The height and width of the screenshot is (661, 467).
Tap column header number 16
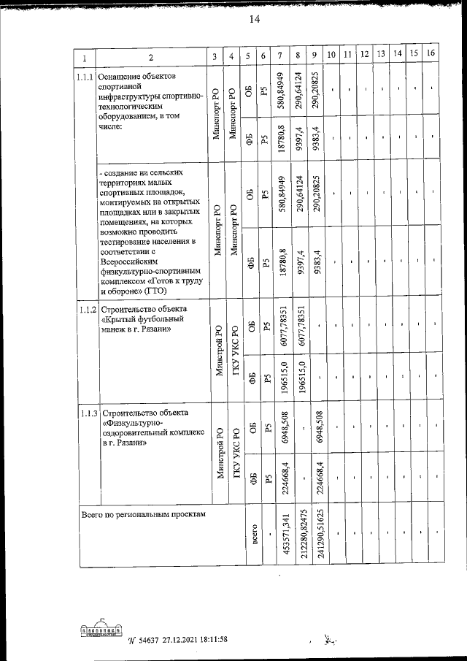click(431, 54)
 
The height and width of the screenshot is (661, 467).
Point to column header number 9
click(313, 56)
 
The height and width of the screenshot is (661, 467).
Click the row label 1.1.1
click(85, 76)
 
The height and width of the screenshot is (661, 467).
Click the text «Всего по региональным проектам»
click(144, 514)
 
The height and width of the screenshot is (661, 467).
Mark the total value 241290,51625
click(320, 539)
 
